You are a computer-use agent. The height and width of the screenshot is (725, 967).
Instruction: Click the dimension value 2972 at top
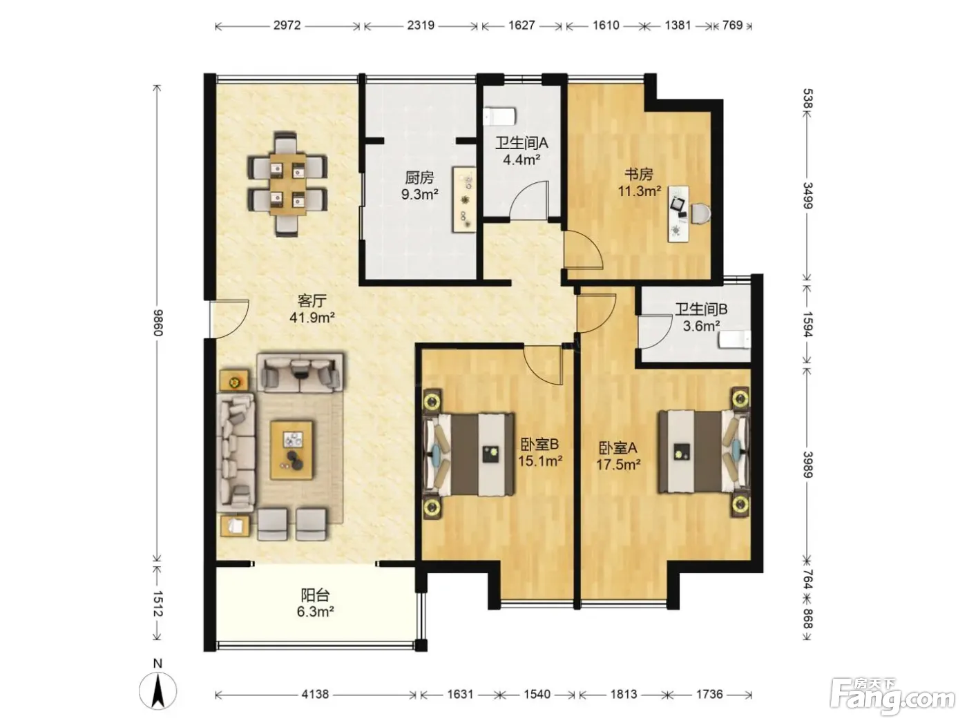287,26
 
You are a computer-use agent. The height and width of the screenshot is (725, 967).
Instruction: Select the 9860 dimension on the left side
157,322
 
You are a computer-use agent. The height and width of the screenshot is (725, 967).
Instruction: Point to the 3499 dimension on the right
807,195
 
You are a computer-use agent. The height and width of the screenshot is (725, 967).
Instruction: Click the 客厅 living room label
312,300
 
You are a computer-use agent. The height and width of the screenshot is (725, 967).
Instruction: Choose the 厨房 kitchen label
419,177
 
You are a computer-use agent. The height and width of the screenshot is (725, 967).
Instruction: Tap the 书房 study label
639,174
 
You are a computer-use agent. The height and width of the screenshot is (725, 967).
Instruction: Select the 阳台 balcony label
316,595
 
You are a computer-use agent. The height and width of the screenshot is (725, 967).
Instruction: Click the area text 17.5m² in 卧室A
618,465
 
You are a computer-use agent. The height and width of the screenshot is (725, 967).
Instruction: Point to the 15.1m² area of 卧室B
540,461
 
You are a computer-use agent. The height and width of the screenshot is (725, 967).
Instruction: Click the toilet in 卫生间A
500,117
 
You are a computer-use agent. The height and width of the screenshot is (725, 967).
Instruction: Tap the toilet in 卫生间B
734,340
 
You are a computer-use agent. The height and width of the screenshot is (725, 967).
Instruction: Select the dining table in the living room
288,184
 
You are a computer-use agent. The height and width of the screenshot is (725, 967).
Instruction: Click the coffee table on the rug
291,450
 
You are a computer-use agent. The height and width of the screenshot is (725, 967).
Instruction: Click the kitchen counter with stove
464,200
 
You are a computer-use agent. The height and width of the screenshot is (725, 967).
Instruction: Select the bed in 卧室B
468,454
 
